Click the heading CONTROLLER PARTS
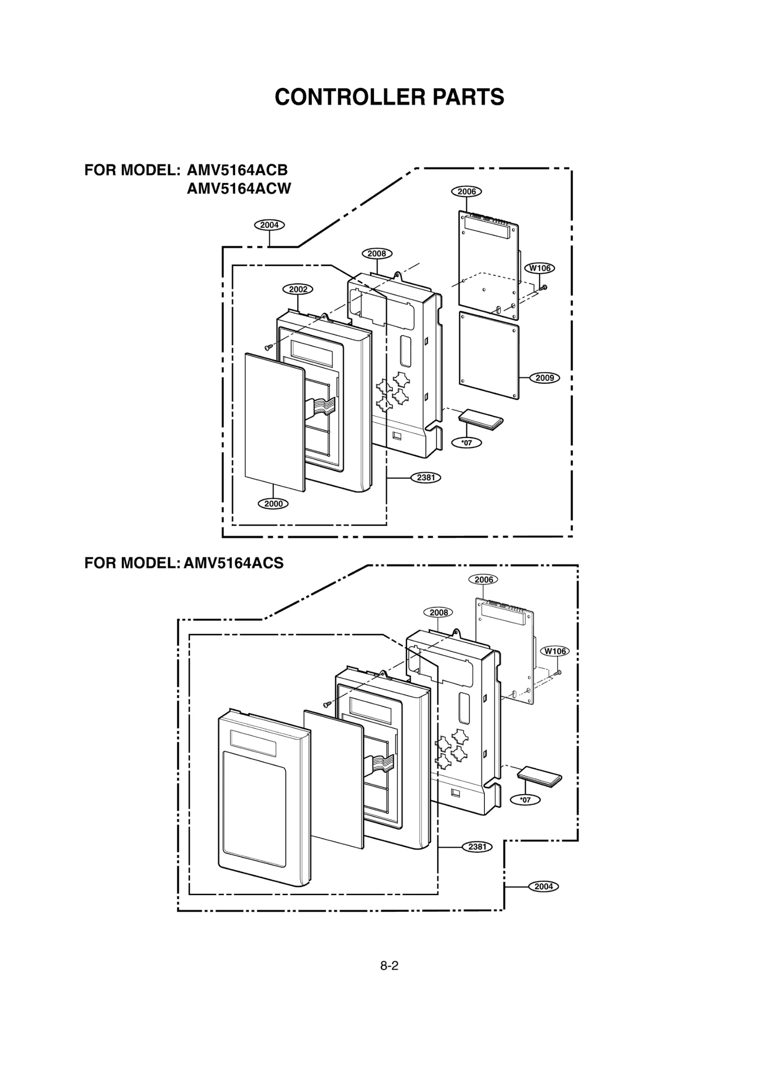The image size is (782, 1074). [x=389, y=97]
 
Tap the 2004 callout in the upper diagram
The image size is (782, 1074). [x=269, y=225]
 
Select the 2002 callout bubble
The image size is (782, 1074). [x=298, y=289]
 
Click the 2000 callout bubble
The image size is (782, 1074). [x=273, y=504]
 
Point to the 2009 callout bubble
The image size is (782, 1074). [x=544, y=378]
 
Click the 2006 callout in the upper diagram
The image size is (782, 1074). [x=466, y=191]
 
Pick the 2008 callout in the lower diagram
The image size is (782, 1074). [x=438, y=612]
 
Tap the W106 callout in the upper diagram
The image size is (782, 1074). [x=540, y=268]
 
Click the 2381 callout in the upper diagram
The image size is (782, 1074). [x=426, y=478]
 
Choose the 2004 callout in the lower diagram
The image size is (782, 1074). [x=543, y=886]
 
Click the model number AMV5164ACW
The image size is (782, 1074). [x=239, y=189]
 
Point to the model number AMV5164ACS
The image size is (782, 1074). [x=234, y=563]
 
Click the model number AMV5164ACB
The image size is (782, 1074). [x=237, y=170]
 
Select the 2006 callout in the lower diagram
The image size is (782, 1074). [x=483, y=580]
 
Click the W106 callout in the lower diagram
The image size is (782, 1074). [x=555, y=651]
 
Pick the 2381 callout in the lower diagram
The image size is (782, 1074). [x=477, y=847]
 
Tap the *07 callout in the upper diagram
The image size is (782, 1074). [x=467, y=443]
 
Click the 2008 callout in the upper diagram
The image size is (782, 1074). [x=377, y=253]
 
